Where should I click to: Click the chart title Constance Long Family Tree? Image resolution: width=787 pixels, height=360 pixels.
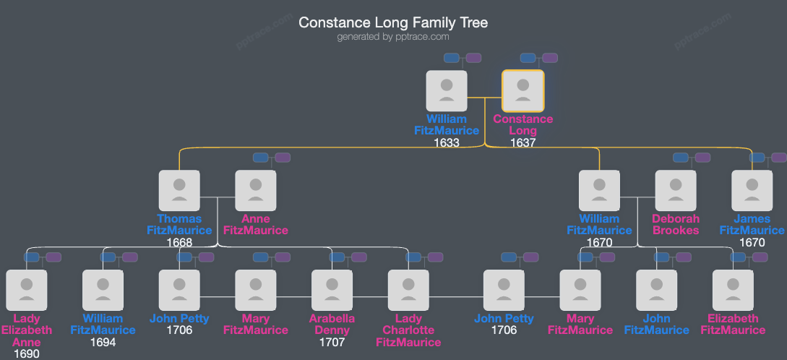(x=393, y=22)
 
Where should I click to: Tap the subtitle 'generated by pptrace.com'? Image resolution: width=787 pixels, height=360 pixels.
(x=393, y=37)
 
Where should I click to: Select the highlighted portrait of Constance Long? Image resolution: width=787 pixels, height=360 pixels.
(x=523, y=90)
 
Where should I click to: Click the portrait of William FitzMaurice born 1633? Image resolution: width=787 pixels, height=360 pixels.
(x=447, y=90)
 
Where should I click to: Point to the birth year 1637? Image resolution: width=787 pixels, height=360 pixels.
(x=522, y=143)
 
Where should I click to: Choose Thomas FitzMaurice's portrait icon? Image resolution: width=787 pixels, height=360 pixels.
(x=179, y=191)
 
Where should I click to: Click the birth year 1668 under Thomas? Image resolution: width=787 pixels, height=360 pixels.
(x=179, y=243)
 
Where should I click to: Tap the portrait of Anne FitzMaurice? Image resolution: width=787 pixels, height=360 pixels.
(x=256, y=191)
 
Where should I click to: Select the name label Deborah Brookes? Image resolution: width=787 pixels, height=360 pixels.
(x=676, y=224)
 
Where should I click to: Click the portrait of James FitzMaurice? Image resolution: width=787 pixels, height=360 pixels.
(x=752, y=191)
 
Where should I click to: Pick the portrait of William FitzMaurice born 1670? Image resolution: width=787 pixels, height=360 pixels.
(x=599, y=191)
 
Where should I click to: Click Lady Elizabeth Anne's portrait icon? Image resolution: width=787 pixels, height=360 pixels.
(x=27, y=290)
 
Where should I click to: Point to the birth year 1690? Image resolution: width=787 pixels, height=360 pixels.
(x=26, y=353)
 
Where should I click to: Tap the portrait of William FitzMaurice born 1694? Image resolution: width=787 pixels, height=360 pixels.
(x=103, y=290)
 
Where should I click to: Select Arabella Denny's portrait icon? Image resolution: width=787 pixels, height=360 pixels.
(x=332, y=290)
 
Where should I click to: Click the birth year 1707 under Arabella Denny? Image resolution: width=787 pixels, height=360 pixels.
(x=332, y=342)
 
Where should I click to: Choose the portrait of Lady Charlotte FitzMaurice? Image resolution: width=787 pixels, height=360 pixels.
(x=409, y=290)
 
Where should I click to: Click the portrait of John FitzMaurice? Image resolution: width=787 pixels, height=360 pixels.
(x=656, y=290)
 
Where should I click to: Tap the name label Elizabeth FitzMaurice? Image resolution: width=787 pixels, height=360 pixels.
(x=733, y=324)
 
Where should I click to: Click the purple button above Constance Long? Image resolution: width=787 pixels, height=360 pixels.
(x=550, y=58)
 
